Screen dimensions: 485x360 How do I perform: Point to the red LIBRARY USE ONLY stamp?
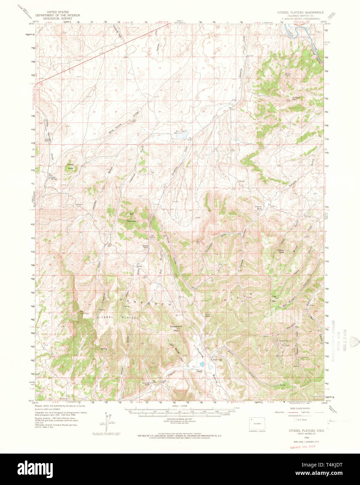pyautogui.click(x=303, y=446)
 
